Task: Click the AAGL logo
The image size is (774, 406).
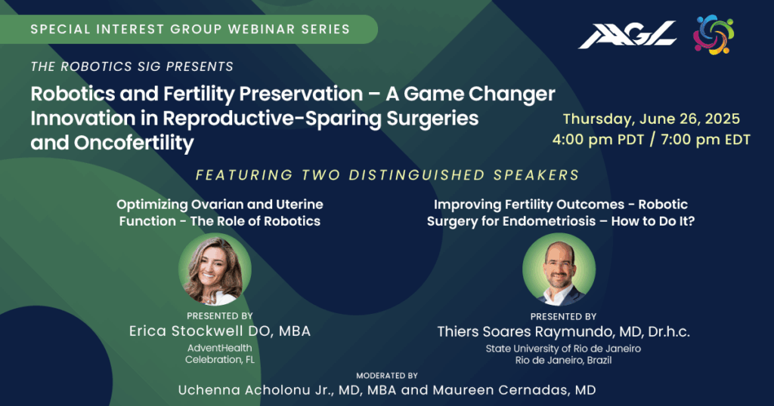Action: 627,35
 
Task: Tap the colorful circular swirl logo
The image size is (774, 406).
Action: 714,35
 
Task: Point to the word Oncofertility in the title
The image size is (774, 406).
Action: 134,143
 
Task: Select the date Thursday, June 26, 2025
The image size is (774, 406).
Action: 652,118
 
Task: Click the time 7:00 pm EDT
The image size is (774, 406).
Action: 706,140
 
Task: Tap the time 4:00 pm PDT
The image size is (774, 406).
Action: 599,140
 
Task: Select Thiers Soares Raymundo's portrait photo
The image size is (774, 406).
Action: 559,269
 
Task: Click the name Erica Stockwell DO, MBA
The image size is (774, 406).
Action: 220,331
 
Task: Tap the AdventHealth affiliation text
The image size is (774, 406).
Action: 220,348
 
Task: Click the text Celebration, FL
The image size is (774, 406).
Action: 220,360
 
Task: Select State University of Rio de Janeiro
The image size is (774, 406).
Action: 563,349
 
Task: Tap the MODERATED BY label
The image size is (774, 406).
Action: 387,376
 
